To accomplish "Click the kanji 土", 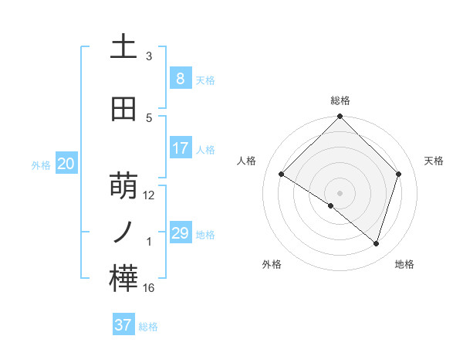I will click(123, 48).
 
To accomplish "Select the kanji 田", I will click(123, 110).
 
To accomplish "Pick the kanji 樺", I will click(123, 279).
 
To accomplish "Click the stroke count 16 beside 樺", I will click(149, 288).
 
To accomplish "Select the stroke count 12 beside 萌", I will click(149, 195).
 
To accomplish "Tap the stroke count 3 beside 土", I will click(149, 56).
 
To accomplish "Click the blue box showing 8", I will click(180, 78).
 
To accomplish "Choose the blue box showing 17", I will click(180, 148).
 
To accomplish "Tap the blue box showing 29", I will click(180, 232).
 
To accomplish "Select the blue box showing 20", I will click(66, 163).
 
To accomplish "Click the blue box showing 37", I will click(123, 325).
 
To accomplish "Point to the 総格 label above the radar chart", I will click(340, 100).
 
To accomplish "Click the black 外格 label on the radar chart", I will click(272, 264).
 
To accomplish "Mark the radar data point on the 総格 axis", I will click(340, 117).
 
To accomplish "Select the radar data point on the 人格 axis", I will click(282, 175).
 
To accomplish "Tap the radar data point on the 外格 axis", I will click(331, 206).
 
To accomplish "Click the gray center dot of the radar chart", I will click(340, 192).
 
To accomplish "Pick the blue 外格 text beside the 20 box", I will click(41, 165).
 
